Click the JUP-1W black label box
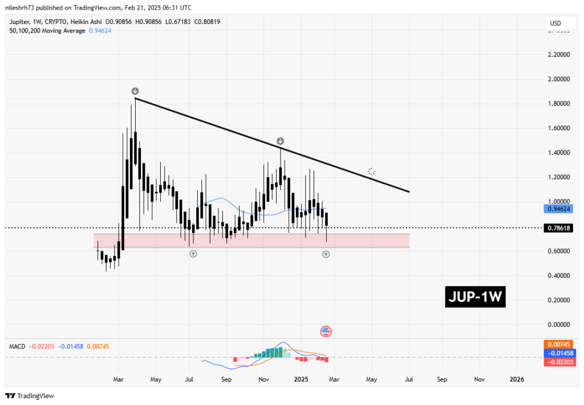476,297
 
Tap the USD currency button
554,23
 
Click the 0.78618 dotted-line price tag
559,228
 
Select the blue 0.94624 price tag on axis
559,209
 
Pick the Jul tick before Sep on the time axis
189,379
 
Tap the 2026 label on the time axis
517,379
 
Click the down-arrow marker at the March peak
135,91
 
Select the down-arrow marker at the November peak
280,141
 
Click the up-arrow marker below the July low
193,253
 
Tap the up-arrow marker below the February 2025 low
326,254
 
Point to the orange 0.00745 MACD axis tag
559,344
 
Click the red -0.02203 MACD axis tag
559,362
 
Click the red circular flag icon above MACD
326,331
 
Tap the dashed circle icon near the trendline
371,171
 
